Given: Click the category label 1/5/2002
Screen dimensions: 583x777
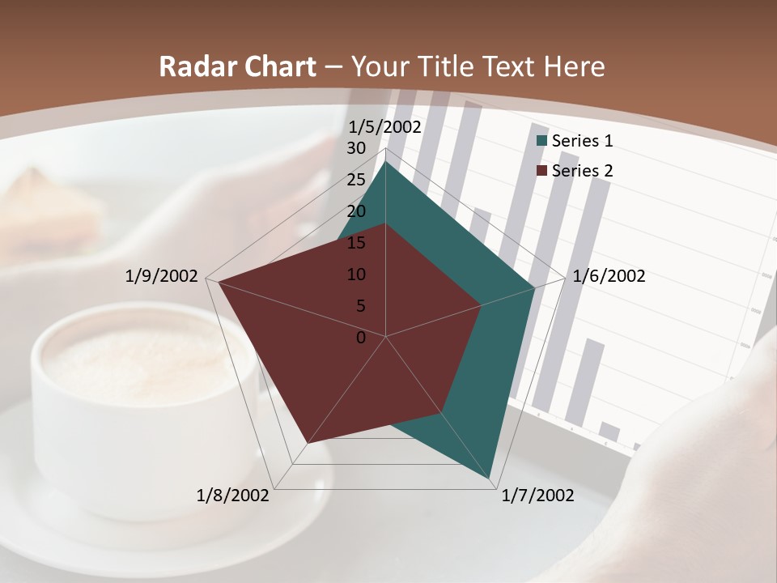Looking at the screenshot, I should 384,127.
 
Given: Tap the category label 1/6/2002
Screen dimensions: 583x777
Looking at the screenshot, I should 609,276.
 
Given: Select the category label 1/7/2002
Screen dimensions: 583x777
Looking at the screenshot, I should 538,496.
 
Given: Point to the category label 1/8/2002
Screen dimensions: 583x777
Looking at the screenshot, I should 233,496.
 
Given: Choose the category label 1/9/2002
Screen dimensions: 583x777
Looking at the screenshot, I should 162,276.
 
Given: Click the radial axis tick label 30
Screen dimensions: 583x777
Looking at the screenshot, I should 356,148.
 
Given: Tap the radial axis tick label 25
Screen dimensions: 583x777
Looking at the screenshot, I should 356,180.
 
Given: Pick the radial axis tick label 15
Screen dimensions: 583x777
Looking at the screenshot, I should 356,243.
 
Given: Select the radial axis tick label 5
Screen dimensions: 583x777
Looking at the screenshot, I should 360,306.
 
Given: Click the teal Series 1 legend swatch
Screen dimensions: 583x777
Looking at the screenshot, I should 542,142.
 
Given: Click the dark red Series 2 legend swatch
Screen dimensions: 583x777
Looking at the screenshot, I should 542,171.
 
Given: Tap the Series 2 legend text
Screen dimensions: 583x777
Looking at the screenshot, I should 583,171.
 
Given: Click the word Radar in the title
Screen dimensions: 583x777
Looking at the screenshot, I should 195,66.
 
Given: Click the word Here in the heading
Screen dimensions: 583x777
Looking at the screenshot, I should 575,66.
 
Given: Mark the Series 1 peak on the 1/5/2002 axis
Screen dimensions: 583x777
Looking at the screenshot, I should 385,163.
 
